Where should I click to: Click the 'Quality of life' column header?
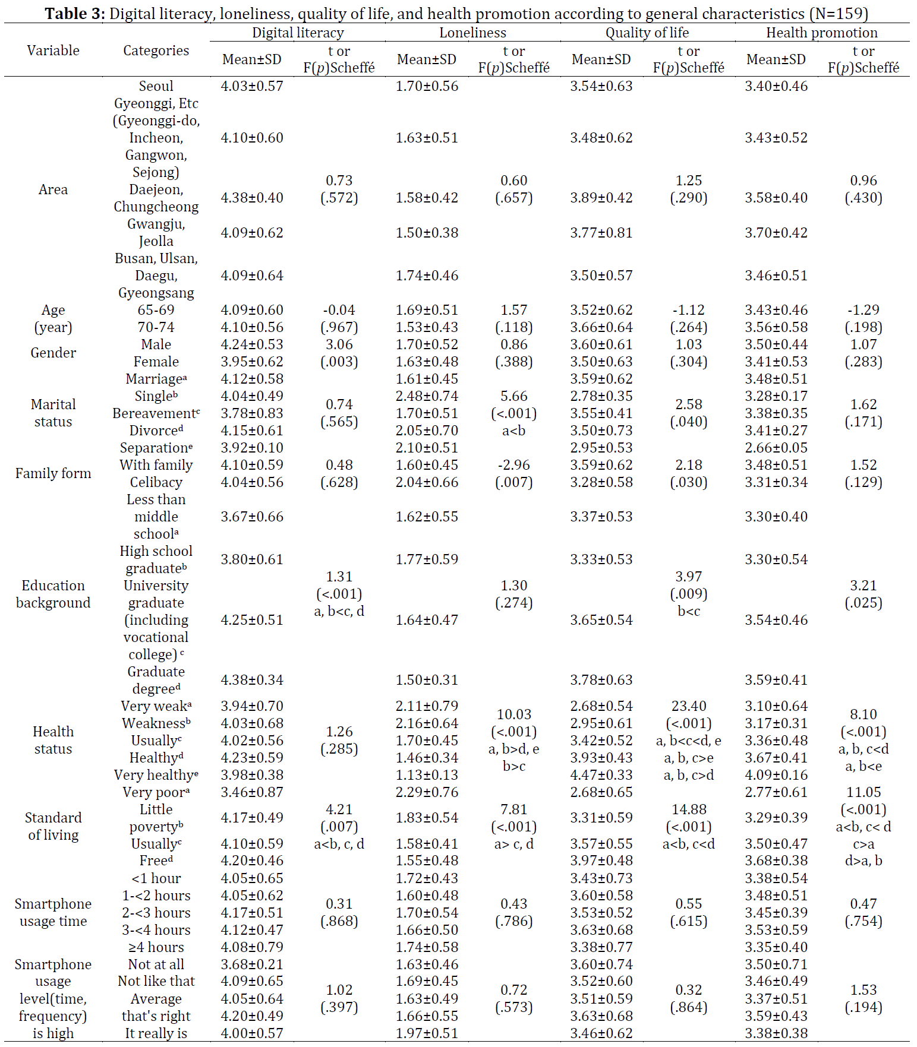click(647, 33)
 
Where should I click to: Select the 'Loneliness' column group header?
click(473, 33)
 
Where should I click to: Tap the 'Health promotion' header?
click(821, 33)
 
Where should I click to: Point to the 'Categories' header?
click(156, 50)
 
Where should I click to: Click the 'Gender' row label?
click(53, 353)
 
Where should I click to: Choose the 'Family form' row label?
click(53, 473)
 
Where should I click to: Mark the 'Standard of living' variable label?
click(53, 826)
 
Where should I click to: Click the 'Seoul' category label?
click(156, 86)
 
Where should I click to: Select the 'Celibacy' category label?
click(156, 482)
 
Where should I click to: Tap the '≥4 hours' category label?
click(156, 947)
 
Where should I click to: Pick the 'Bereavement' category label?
click(156, 413)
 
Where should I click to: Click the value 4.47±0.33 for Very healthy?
click(601, 775)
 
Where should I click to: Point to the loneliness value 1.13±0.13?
click(427, 775)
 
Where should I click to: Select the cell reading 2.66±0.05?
click(776, 448)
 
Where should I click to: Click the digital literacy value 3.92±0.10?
click(252, 448)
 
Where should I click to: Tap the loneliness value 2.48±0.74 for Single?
click(427, 396)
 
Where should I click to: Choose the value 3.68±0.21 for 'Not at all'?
click(252, 964)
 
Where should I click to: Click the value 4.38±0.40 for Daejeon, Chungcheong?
click(252, 198)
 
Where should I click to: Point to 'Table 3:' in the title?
click(75, 14)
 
